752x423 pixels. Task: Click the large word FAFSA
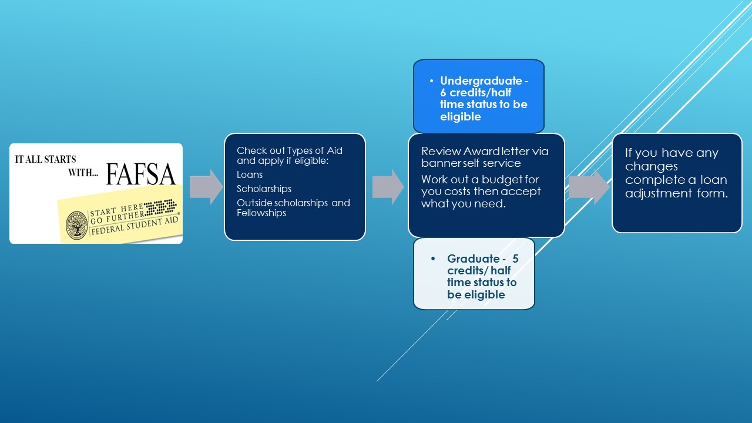[140, 174]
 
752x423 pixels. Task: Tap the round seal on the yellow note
[77, 225]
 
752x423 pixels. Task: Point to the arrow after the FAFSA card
[206, 187]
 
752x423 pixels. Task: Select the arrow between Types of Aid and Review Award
[388, 187]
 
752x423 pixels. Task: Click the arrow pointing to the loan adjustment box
[589, 187]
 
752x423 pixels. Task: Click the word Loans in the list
[250, 175]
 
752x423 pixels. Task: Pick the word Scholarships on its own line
[264, 189]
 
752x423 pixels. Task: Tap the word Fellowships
[261, 213]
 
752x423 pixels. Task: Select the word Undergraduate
[481, 81]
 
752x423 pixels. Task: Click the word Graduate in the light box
[474, 258]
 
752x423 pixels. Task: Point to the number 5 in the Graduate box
[515, 258]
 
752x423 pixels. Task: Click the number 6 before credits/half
[443, 93]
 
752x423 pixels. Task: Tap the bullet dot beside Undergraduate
[431, 81]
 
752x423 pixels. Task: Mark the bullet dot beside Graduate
[433, 258]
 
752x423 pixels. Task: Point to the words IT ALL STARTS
[45, 159]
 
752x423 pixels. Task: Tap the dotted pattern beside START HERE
[160, 207]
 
